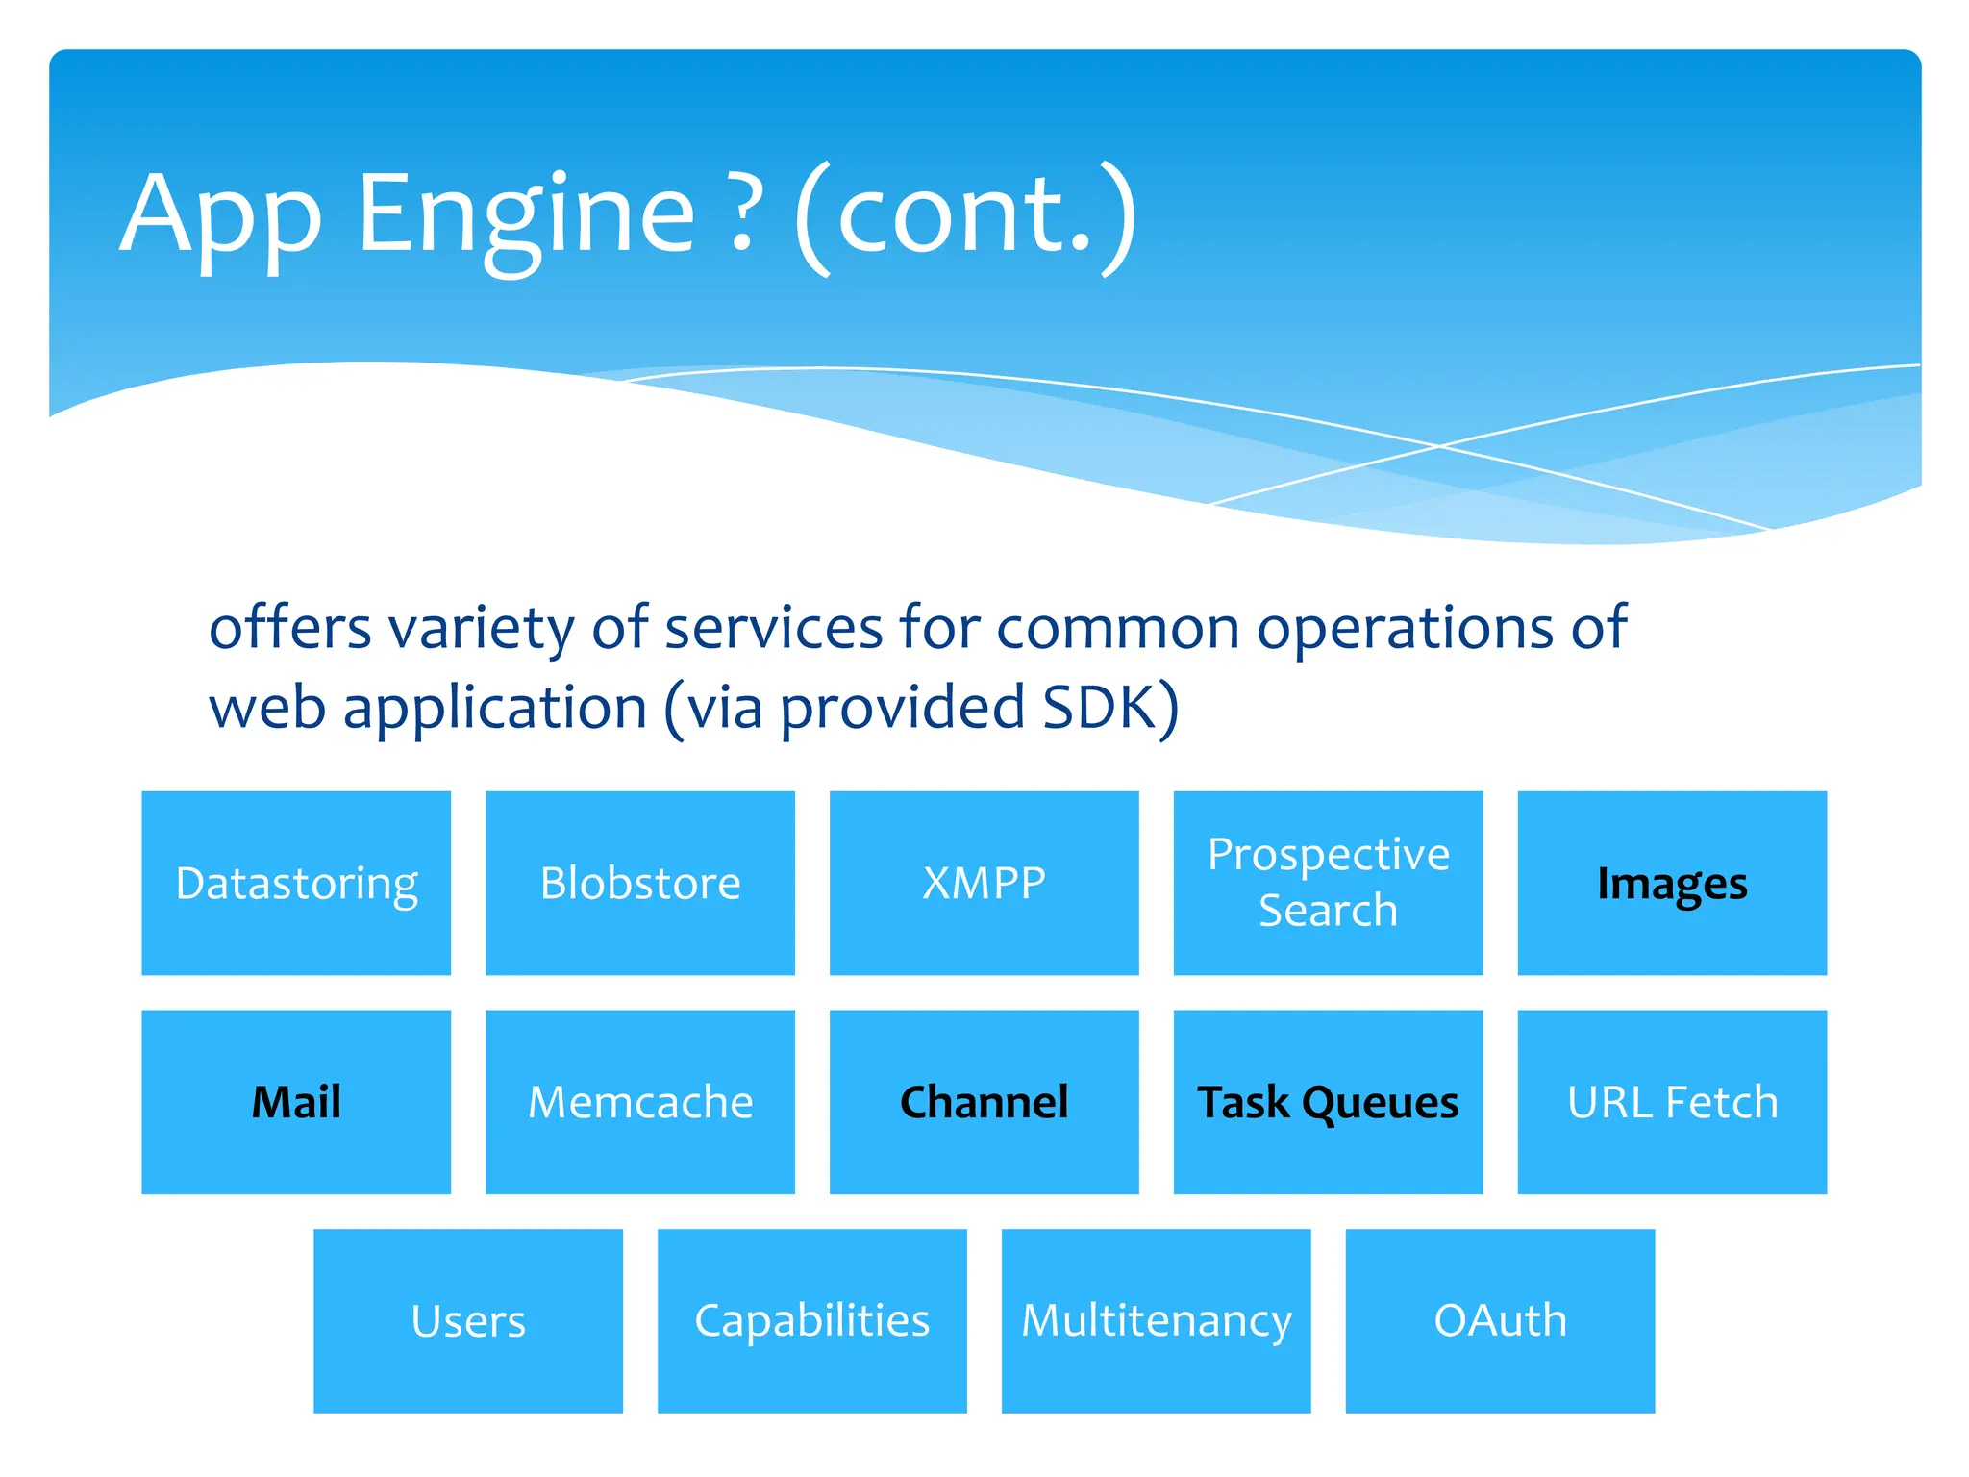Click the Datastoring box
coord(296,883)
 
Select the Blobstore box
coord(640,883)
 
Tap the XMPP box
coord(984,883)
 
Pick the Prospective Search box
coord(1328,883)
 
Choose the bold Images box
coord(1672,883)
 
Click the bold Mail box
coord(296,1102)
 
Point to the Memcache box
coord(640,1102)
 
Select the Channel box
coord(984,1102)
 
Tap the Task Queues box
coord(1328,1102)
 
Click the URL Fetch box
coord(1672,1102)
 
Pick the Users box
coord(468,1320)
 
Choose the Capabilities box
coord(812,1320)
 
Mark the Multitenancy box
coord(1156,1320)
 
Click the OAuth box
coord(1500,1320)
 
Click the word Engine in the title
coord(525,215)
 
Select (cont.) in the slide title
coord(965,215)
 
